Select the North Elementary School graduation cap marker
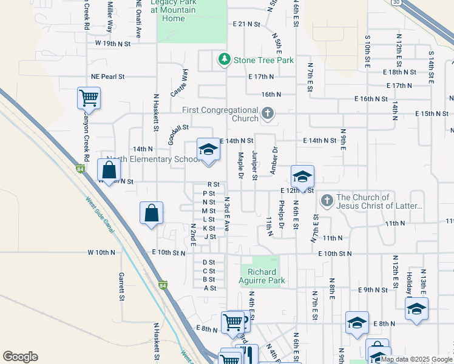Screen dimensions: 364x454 (208, 150)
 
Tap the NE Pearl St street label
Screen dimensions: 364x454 (107, 77)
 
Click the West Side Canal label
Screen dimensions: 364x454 (100, 215)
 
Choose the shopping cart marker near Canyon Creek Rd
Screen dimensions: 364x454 (89, 98)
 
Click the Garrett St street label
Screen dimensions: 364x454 (121, 286)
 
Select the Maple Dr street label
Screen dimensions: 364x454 (241, 165)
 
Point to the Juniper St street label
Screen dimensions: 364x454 (255, 165)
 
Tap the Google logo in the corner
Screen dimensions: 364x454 (20, 357)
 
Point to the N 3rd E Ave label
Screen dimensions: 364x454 (226, 213)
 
